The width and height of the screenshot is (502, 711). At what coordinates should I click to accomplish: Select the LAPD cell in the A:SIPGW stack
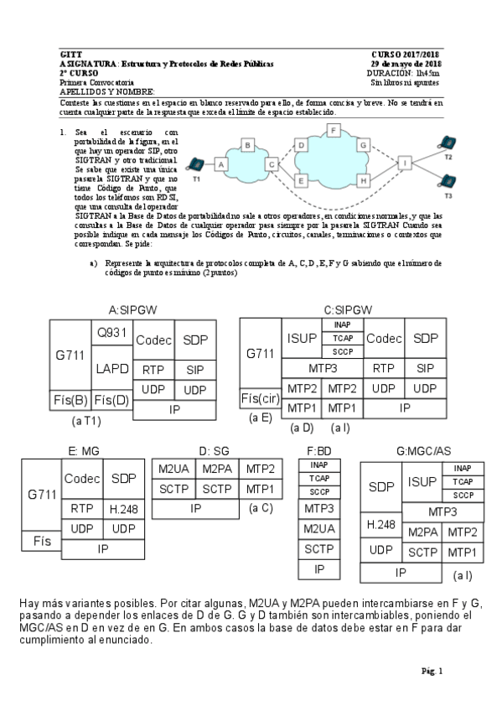pyautogui.click(x=111, y=369)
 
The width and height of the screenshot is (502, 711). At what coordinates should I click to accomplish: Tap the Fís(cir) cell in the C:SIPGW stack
pyautogui.click(x=261, y=397)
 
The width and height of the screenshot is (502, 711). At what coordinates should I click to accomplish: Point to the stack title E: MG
pyautogui.click(x=84, y=450)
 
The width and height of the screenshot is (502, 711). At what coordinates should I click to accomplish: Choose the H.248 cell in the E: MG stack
pyautogui.click(x=123, y=508)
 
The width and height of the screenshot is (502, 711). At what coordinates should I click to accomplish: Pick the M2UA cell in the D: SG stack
pyautogui.click(x=173, y=470)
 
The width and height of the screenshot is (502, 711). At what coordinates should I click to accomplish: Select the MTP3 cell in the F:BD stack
pyautogui.click(x=318, y=509)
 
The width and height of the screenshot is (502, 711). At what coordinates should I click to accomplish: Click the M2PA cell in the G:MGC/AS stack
pyautogui.click(x=424, y=532)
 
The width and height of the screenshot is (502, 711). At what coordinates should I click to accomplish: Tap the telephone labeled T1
pyautogui.click(x=196, y=164)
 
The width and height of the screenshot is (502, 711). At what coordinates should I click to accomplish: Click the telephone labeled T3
pyautogui.click(x=448, y=181)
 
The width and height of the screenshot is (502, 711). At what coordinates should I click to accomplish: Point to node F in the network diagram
pyautogui.click(x=334, y=130)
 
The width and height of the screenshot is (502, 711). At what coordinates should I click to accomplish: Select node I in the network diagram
pyautogui.click(x=405, y=162)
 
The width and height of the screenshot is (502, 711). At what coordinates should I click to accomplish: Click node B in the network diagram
pyautogui.click(x=248, y=145)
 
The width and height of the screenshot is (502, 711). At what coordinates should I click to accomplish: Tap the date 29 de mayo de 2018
pyautogui.click(x=406, y=64)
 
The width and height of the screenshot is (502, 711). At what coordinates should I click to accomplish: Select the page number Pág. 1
pyautogui.click(x=432, y=670)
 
